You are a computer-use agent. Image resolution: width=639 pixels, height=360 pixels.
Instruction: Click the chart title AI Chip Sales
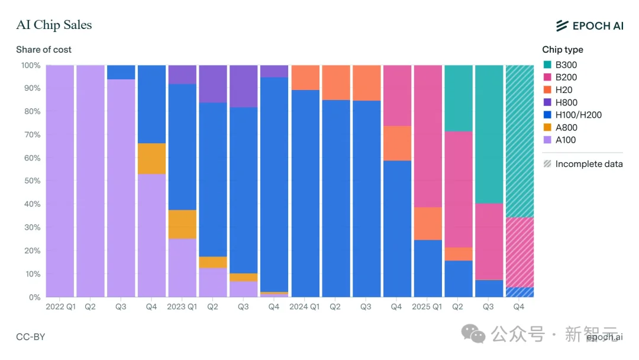pos(54,25)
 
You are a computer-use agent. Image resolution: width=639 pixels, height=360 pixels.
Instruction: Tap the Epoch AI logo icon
pos(562,25)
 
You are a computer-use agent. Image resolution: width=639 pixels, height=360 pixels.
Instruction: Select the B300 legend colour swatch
pos(547,65)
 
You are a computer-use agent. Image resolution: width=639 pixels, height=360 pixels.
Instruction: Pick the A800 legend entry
pos(566,127)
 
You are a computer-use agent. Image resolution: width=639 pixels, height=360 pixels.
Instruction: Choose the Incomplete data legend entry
pos(583,164)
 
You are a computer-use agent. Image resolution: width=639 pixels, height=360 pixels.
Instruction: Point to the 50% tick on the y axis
pos(31,181)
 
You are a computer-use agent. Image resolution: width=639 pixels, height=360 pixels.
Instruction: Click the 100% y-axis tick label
pos(30,65)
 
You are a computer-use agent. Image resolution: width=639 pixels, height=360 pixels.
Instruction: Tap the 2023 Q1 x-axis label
pos(182,307)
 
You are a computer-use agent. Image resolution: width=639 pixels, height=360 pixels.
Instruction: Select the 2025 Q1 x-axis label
pos(427,307)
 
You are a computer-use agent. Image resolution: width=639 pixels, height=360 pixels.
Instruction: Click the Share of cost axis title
pos(44,50)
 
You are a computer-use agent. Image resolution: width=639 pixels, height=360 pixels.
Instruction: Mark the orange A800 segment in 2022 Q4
pos(151,159)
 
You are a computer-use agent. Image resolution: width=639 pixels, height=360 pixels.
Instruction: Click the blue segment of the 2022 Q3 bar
pos(121,72)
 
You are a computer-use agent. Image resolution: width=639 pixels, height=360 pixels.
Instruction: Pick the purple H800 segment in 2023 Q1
pos(182,75)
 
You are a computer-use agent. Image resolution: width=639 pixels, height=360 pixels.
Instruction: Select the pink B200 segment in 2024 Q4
pos(397,95)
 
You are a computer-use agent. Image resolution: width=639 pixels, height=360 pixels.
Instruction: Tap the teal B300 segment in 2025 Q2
pos(459,98)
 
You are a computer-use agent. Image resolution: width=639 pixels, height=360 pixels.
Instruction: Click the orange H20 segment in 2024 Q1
pos(305,78)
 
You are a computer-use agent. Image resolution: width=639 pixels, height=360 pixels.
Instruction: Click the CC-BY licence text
pos(30,337)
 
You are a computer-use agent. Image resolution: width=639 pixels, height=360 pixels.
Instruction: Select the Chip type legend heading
pos(562,50)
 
